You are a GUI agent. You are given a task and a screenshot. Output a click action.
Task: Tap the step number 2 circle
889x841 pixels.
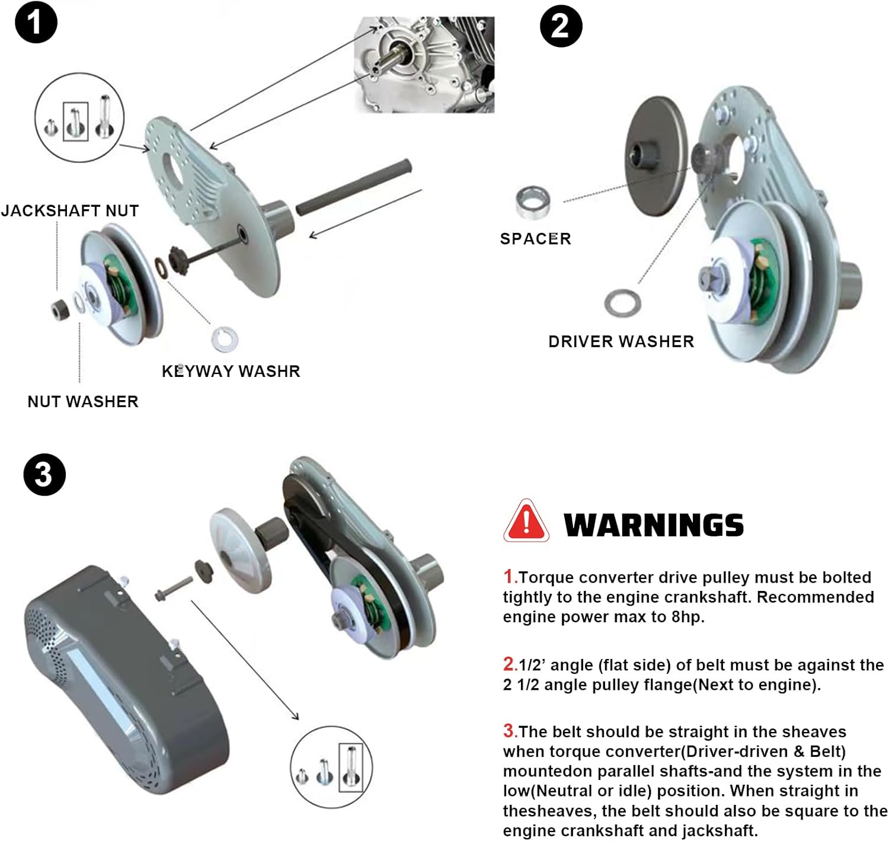pyautogui.click(x=561, y=26)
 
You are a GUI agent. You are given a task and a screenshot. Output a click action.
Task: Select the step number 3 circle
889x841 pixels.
pyautogui.click(x=44, y=475)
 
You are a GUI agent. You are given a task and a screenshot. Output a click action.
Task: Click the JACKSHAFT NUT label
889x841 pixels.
pyautogui.click(x=70, y=211)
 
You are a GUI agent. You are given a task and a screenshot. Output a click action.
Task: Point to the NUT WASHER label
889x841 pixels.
pyautogui.click(x=83, y=402)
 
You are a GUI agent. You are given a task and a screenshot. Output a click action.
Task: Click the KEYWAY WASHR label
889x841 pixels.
pyautogui.click(x=231, y=372)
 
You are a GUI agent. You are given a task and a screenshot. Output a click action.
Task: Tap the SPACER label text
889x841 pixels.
pyautogui.click(x=535, y=239)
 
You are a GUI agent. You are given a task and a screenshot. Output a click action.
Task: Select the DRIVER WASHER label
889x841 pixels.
pyautogui.click(x=621, y=342)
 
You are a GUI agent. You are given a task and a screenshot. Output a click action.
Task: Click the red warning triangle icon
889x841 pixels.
pyautogui.click(x=526, y=522)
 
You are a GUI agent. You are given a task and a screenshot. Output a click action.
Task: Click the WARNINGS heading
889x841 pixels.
pyautogui.click(x=654, y=526)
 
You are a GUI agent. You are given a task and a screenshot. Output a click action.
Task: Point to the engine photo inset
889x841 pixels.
pyautogui.click(x=424, y=64)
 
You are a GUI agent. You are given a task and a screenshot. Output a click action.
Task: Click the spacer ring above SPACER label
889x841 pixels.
pyautogui.click(x=532, y=202)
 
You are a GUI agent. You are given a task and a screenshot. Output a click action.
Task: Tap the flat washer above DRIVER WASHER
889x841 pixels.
pyautogui.click(x=622, y=303)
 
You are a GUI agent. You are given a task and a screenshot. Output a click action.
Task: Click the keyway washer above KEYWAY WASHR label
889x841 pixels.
pyautogui.click(x=225, y=338)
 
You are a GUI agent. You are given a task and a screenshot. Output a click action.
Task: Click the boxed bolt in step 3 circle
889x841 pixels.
pyautogui.click(x=350, y=768)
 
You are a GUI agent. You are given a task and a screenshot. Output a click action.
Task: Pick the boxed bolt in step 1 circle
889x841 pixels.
pyautogui.click(x=76, y=121)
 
